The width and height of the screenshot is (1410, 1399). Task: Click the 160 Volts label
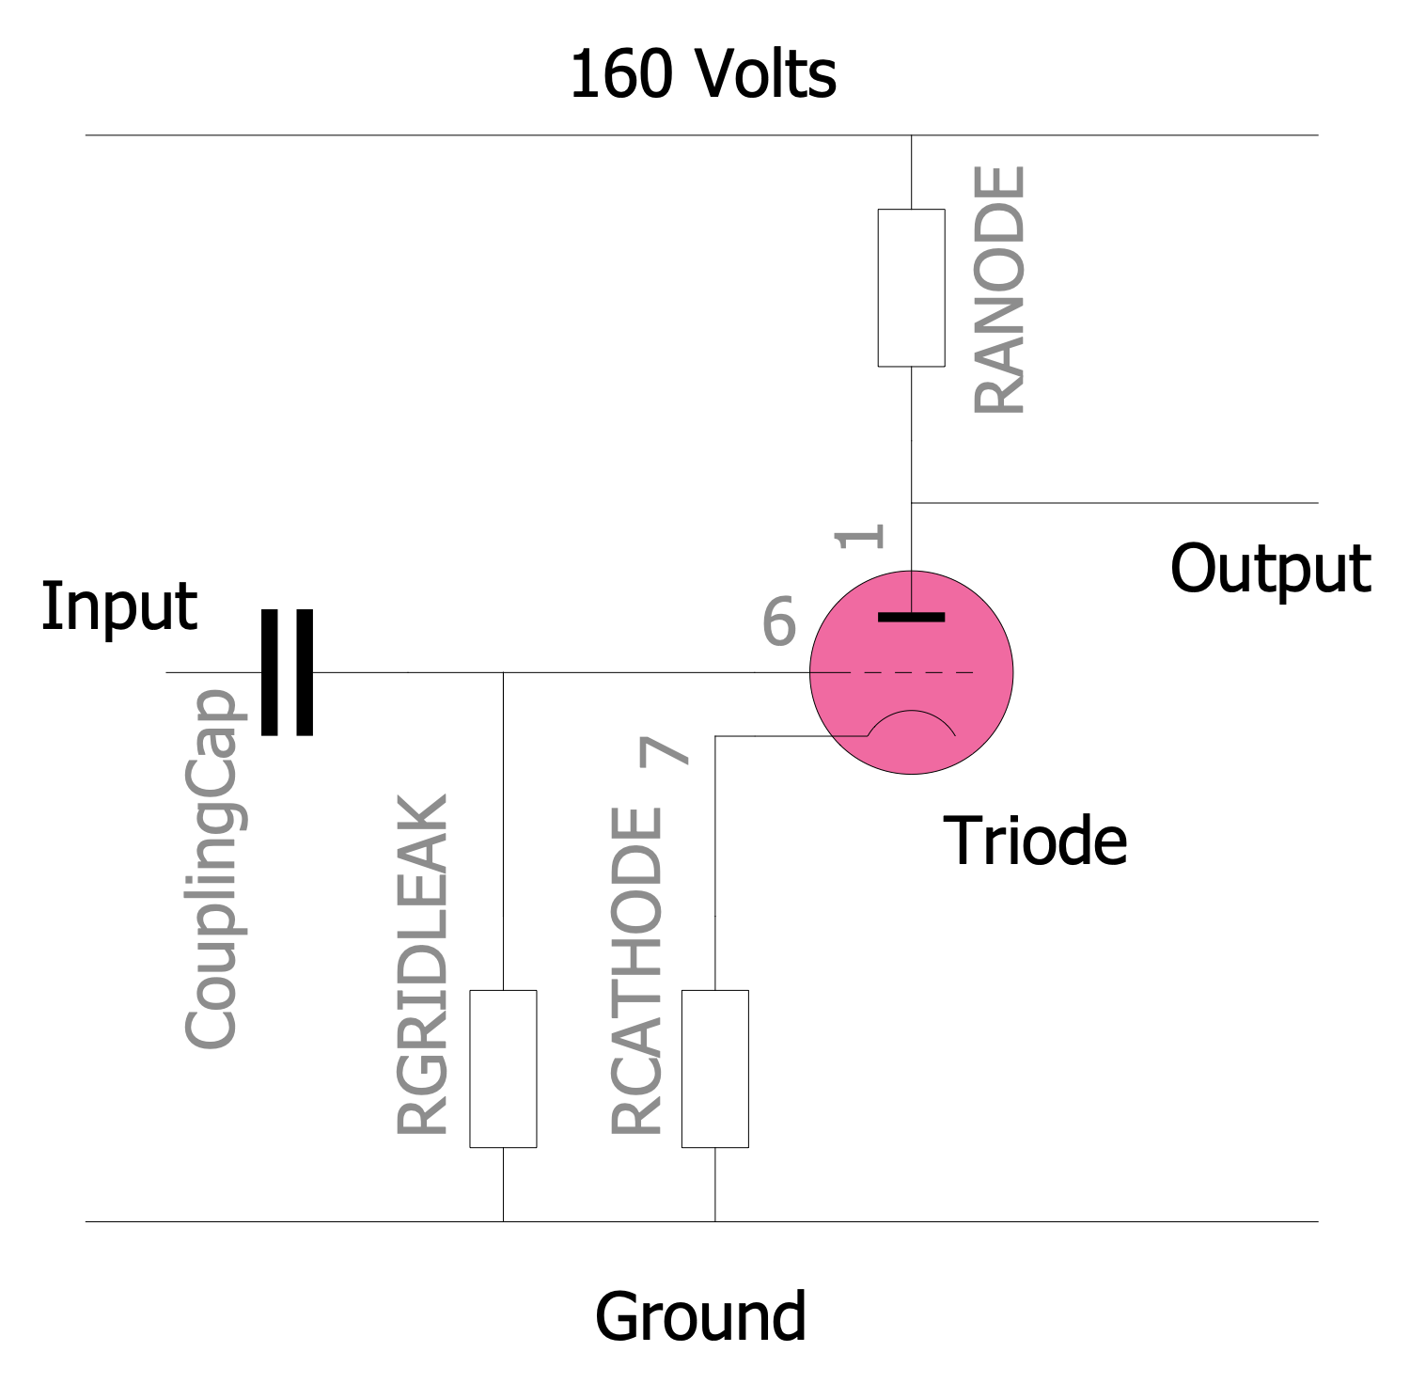click(702, 74)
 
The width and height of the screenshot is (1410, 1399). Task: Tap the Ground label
click(700, 1316)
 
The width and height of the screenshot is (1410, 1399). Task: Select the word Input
click(118, 606)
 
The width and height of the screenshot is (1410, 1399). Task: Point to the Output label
click(1270, 569)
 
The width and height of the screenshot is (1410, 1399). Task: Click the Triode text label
click(1034, 841)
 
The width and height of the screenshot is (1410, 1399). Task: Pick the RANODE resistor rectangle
click(911, 287)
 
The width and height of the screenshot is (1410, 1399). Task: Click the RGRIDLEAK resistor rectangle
click(503, 1068)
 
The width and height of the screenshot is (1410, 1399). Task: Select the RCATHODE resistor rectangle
click(714, 1068)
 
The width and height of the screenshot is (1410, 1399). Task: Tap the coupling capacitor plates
click(287, 672)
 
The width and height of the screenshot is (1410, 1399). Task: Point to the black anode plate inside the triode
click(911, 617)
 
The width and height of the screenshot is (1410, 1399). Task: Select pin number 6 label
click(778, 621)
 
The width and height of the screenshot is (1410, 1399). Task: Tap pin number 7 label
click(665, 751)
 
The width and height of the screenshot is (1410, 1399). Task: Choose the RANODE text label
click(999, 290)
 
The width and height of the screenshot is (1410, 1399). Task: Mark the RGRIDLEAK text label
click(423, 965)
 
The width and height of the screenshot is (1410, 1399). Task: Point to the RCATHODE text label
click(637, 971)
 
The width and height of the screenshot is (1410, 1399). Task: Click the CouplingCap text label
click(211, 869)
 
